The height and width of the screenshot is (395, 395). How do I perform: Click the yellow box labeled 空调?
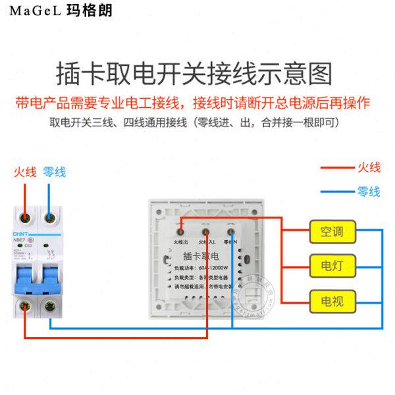pyautogui.click(x=332, y=232)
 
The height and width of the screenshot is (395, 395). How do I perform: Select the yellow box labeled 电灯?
pyautogui.click(x=332, y=267)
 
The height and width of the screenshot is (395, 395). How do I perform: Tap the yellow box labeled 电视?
pyautogui.click(x=332, y=302)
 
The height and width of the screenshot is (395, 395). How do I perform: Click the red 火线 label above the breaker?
pyautogui.click(x=25, y=172)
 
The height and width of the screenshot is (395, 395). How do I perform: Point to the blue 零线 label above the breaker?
pyautogui.click(x=54, y=172)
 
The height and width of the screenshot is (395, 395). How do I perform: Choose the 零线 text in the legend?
pyautogui.click(x=369, y=192)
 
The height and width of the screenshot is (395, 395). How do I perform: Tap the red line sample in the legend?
pyautogui.click(x=336, y=168)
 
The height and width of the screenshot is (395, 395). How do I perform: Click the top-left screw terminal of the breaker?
pyautogui.click(x=25, y=217)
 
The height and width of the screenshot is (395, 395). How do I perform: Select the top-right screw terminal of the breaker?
pyautogui.click(x=49, y=217)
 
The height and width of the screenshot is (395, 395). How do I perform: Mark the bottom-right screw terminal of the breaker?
pyautogui.click(x=49, y=305)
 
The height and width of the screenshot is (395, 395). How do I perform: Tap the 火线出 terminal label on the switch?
pyautogui.click(x=181, y=242)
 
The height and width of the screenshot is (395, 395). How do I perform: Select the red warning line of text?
pyautogui.click(x=193, y=103)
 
